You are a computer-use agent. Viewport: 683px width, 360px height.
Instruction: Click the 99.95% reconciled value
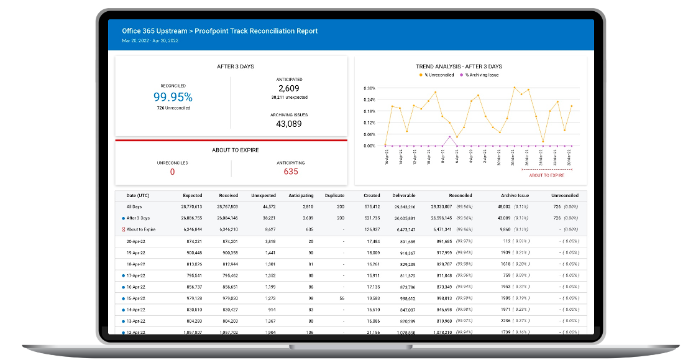[x=173, y=97]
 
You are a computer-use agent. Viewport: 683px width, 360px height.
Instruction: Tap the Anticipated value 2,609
[x=289, y=89]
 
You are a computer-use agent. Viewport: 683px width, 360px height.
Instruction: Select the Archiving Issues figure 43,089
[x=289, y=124]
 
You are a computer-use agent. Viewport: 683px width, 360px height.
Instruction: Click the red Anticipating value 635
[x=290, y=172]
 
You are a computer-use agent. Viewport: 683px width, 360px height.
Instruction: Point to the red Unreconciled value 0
[x=172, y=172]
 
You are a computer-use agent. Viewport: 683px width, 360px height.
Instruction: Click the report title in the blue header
[x=220, y=31]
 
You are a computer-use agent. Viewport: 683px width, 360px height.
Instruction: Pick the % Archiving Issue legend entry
[x=479, y=75]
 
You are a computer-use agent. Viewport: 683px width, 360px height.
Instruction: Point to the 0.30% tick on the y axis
[x=369, y=88]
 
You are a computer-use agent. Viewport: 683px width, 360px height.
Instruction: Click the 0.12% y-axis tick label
[x=369, y=123]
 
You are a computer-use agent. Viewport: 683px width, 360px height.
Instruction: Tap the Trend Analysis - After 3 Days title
[x=459, y=67]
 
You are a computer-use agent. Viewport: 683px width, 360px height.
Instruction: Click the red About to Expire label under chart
[x=546, y=175]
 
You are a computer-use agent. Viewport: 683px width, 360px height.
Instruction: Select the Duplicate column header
[x=334, y=195]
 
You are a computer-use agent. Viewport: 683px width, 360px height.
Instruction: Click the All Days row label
[x=135, y=206]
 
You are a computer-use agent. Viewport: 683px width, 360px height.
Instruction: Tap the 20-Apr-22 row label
[x=135, y=241]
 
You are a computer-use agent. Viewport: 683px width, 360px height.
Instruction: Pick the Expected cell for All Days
[x=192, y=206]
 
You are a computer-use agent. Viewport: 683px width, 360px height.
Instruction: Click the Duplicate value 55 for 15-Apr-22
[x=341, y=298]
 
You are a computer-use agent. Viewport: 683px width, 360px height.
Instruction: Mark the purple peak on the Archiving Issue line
[x=449, y=137]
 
